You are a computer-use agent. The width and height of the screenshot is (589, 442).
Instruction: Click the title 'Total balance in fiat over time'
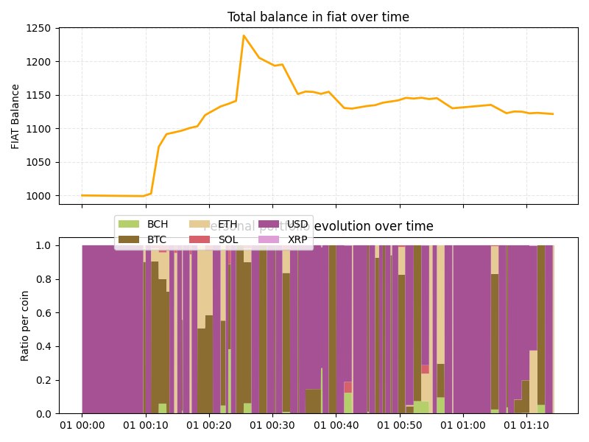coord(318,17)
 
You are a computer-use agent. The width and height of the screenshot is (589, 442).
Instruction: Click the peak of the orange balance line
coord(244,35)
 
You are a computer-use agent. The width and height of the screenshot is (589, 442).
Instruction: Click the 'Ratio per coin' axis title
coord(25,325)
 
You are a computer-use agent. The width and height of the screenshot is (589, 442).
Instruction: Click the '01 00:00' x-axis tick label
coord(82,426)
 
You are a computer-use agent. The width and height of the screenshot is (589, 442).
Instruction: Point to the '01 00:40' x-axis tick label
coord(336,426)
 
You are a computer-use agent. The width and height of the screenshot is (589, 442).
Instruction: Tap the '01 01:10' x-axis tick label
coord(526,426)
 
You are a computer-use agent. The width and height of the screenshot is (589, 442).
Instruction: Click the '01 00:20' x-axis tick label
coord(209,426)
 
